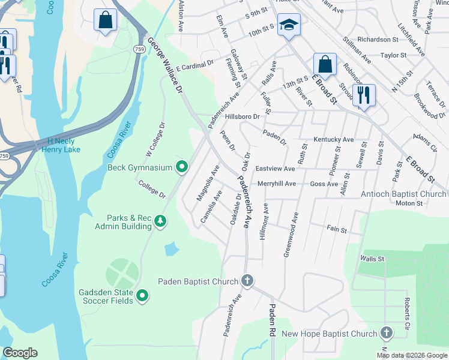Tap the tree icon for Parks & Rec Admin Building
(x=160, y=221)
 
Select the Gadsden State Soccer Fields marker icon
(x=142, y=295)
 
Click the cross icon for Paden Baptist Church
(x=247, y=281)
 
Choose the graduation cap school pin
(x=289, y=25)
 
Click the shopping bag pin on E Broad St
(x=325, y=64)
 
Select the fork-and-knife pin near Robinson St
(x=363, y=94)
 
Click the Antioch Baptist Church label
(x=403, y=194)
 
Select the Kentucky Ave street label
(x=333, y=139)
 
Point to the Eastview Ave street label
(x=275, y=169)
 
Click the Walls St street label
(x=372, y=259)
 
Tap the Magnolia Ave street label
(x=212, y=182)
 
